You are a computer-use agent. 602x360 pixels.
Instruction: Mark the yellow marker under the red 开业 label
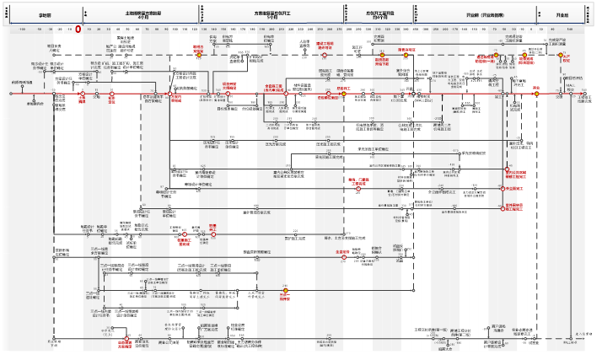pyautogui.click(x=535, y=94)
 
